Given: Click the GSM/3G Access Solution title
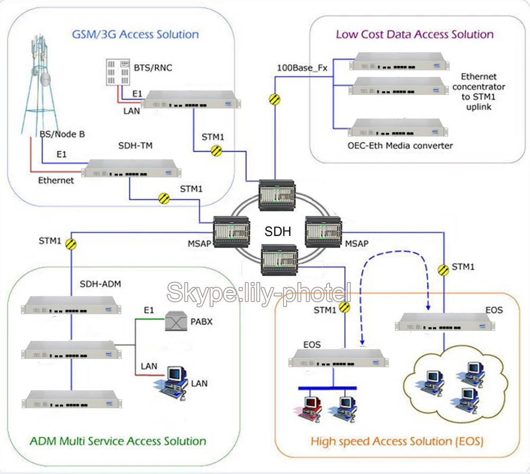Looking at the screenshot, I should (135, 35).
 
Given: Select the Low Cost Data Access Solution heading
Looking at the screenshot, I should (414, 35).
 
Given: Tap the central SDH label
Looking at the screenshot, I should (277, 232).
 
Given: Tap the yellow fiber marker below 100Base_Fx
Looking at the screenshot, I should (275, 99).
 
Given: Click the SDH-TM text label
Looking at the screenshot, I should (135, 146).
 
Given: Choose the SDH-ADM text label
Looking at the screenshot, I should (100, 284).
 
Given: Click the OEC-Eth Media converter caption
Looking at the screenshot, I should (401, 145).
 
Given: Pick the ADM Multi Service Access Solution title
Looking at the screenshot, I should (118, 441).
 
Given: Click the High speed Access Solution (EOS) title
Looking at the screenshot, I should (396, 441).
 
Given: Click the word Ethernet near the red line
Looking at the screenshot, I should (56, 180).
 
